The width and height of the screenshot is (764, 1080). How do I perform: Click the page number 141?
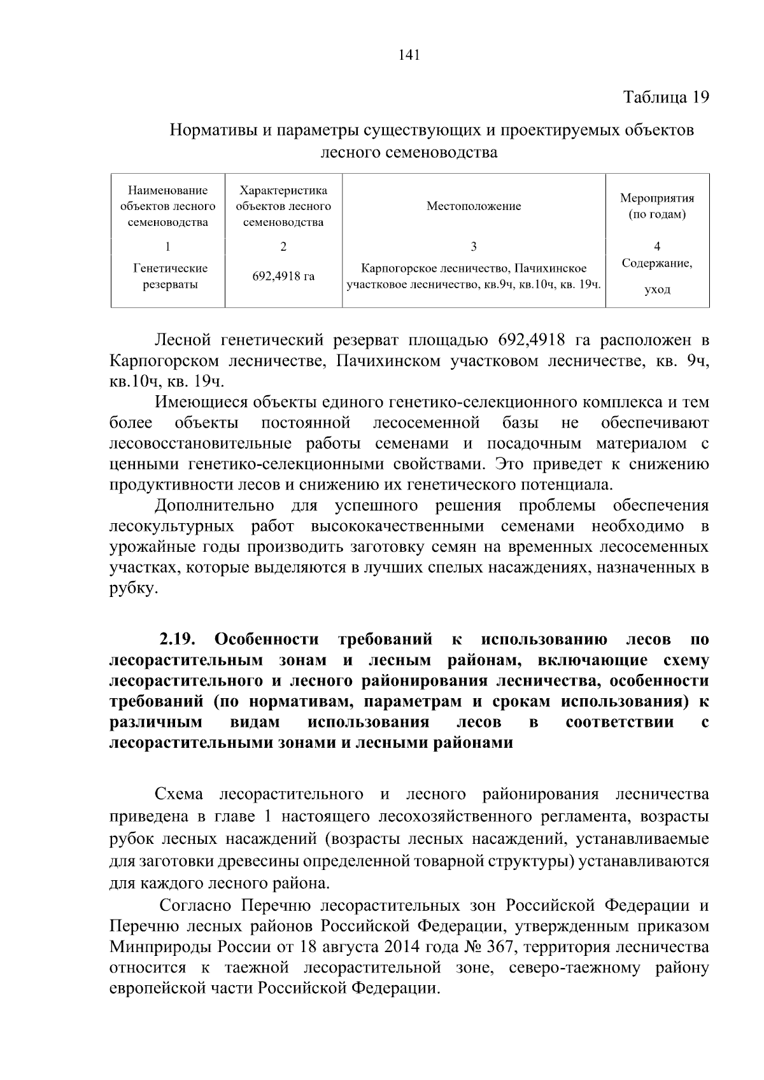[409, 55]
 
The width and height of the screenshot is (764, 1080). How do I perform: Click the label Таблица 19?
[665, 97]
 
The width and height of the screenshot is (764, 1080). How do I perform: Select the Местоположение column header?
[473, 206]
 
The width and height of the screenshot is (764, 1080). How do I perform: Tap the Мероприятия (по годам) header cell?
[657, 206]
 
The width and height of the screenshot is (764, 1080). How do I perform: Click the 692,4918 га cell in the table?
[283, 277]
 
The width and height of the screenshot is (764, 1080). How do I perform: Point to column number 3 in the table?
[473, 247]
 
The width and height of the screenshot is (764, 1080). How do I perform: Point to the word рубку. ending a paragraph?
[132, 589]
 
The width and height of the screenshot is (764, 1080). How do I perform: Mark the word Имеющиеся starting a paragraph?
[200, 403]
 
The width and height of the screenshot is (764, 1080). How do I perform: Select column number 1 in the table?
[167, 247]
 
